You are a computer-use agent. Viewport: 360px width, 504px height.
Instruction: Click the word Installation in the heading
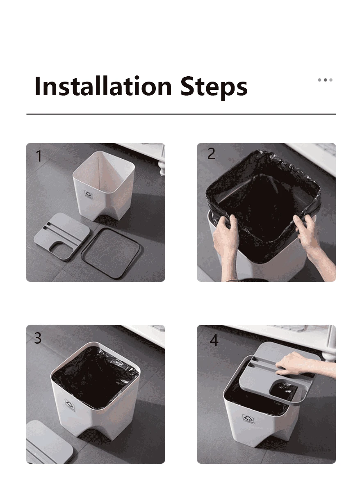tap(103, 86)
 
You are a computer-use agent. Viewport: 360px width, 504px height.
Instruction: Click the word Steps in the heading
tap(214, 88)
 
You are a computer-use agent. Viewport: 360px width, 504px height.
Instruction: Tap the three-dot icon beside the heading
tap(325, 80)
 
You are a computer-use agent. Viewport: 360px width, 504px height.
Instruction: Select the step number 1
tap(39, 156)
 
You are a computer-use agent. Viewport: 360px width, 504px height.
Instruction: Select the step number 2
tap(211, 154)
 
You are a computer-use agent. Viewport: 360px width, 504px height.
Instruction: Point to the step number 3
tap(38, 338)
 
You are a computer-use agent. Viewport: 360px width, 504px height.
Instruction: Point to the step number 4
tap(214, 340)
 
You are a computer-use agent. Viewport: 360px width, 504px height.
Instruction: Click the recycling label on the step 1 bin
tap(89, 195)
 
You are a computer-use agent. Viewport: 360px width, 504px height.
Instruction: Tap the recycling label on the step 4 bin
tap(249, 419)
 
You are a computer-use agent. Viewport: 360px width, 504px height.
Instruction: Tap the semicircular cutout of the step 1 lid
tap(59, 248)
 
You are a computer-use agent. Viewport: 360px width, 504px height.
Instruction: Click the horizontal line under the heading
tap(181, 114)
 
